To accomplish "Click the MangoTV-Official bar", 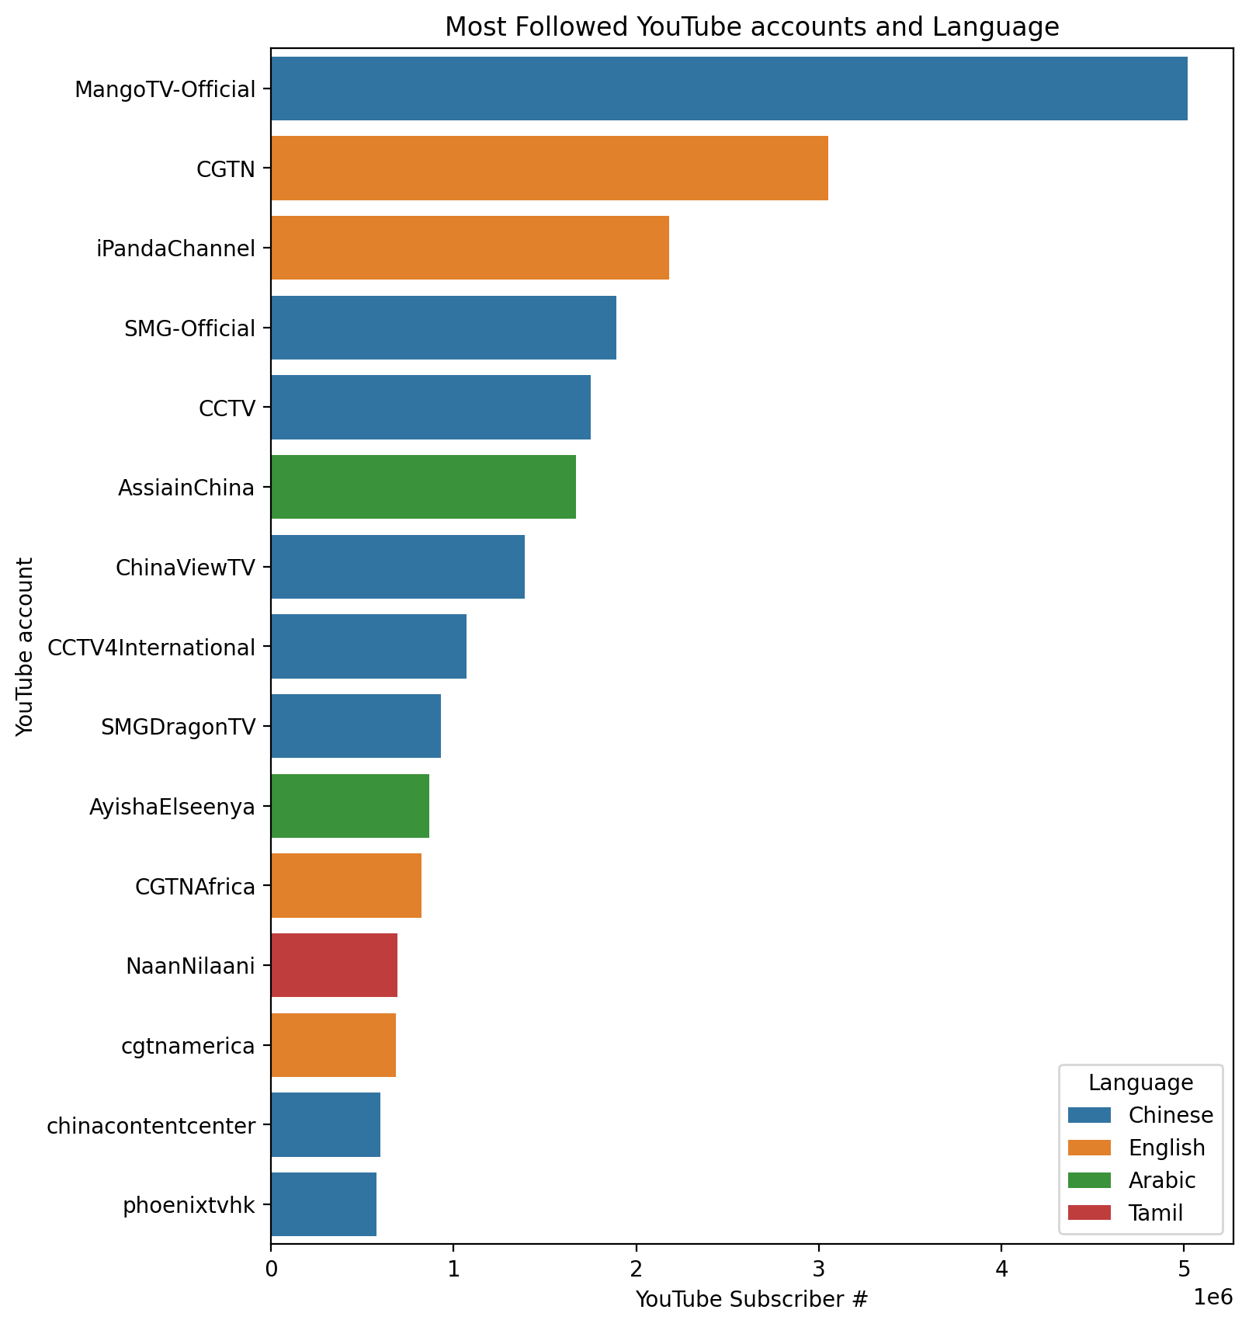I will point(728,89).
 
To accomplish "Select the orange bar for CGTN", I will point(549,168).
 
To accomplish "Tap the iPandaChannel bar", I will point(470,248).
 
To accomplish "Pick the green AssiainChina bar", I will point(423,487).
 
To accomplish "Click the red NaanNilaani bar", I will point(334,965).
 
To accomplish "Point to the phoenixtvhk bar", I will point(324,1204).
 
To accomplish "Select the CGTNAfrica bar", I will point(345,885).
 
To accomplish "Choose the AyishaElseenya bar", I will point(349,806).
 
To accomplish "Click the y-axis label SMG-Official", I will point(189,328).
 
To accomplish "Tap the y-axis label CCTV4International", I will point(151,647).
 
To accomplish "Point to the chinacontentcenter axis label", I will point(151,1125).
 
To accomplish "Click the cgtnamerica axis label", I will point(189,1046).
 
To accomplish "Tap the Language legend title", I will point(1140,1082).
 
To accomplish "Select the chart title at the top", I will point(751,27).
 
